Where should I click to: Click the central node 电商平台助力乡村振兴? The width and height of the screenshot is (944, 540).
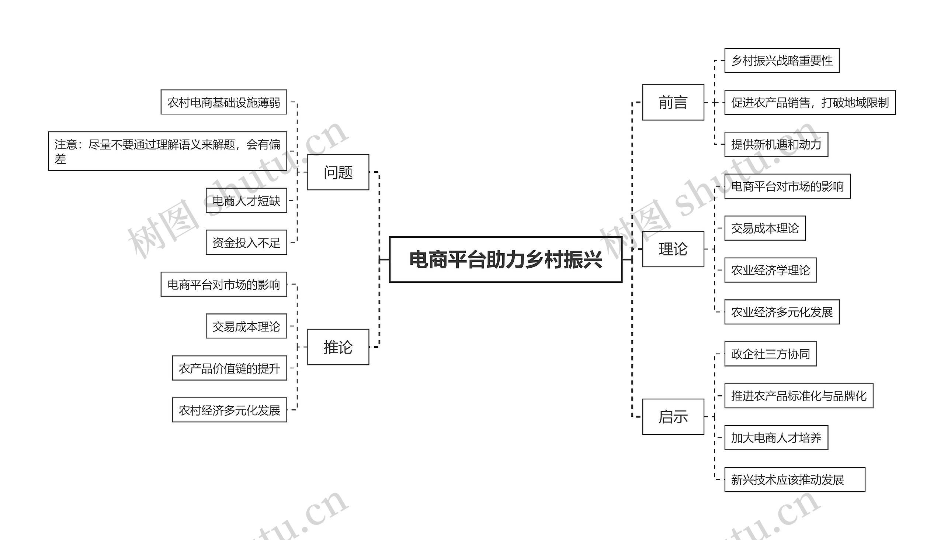click(x=505, y=259)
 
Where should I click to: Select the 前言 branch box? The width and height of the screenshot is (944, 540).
click(x=673, y=102)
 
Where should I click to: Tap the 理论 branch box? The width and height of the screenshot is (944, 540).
click(x=673, y=249)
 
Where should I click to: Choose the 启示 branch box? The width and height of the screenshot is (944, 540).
click(x=673, y=416)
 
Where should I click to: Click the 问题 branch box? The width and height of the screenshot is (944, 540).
click(x=338, y=172)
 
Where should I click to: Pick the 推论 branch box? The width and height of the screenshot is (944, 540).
click(x=338, y=347)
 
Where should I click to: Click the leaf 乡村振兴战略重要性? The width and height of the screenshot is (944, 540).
click(x=782, y=61)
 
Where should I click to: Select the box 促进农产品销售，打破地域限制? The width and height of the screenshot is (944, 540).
click(x=810, y=102)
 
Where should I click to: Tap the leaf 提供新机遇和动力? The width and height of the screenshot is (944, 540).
click(x=776, y=144)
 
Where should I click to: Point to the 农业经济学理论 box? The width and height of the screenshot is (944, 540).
click(x=771, y=270)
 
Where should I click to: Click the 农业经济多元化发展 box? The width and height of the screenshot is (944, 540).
click(x=782, y=312)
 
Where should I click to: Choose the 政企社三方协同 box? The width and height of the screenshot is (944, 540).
click(x=771, y=354)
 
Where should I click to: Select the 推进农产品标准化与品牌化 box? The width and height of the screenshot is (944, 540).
click(x=799, y=396)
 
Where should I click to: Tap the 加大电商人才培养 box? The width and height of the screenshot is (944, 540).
click(x=776, y=438)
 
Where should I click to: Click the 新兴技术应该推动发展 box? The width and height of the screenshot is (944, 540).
click(x=795, y=479)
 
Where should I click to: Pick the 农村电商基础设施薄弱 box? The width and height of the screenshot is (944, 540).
click(x=224, y=102)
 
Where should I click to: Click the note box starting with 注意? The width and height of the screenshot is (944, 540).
click(x=167, y=151)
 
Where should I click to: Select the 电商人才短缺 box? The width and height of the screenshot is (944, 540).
click(x=246, y=200)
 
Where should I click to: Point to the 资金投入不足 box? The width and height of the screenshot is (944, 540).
click(x=246, y=242)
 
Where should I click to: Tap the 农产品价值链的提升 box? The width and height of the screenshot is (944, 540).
click(x=229, y=368)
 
